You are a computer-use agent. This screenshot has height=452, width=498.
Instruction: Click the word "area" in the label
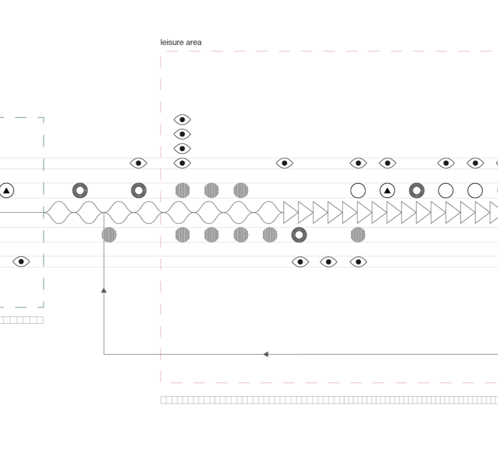193,42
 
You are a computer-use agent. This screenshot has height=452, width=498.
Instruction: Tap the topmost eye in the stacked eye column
182,120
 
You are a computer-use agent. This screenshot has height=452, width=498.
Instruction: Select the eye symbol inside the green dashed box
21,261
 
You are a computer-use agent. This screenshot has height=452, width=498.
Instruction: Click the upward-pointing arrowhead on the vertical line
104,290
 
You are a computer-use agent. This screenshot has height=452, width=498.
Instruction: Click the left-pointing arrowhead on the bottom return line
266,354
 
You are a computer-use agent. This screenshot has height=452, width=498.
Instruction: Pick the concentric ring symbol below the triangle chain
299,234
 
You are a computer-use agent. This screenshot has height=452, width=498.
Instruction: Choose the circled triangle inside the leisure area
388,190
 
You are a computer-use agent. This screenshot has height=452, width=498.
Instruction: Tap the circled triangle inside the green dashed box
6,190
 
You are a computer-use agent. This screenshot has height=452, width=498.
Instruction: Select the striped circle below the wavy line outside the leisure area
109,234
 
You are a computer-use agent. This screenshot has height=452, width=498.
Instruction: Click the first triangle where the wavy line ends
290,212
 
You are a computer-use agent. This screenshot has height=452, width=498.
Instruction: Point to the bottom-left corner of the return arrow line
104,354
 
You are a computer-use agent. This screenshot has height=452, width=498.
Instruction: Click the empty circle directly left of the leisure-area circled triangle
358,190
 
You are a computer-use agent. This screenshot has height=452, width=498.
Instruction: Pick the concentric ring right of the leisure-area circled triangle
417,190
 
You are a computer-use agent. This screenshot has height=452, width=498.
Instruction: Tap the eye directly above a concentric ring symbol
139,163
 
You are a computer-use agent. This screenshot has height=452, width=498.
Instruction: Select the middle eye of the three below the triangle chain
329,262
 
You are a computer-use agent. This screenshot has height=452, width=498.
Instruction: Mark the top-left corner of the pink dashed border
161,52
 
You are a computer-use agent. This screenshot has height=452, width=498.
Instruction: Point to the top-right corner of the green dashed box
44,118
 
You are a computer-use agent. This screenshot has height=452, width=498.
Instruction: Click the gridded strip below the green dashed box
21,320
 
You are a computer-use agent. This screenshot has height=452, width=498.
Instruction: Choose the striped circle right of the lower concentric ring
358,234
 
